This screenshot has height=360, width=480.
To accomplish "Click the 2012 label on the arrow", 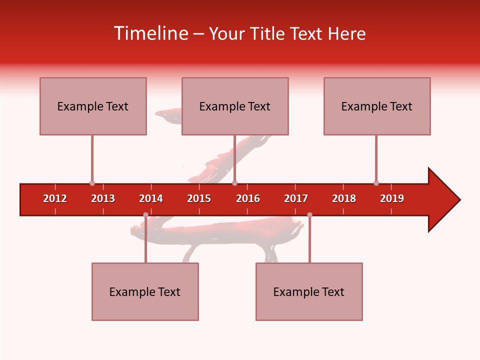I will click(x=55, y=198).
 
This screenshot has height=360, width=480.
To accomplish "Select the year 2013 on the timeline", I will click(x=103, y=198).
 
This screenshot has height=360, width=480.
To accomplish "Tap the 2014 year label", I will click(x=151, y=198).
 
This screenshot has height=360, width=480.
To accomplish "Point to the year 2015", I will click(x=199, y=198).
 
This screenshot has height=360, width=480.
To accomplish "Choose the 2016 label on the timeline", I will click(x=248, y=198).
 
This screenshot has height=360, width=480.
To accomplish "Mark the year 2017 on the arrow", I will click(x=296, y=198).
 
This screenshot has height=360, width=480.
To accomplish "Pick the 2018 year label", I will click(x=344, y=198).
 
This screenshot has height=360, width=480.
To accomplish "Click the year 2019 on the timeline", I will click(x=392, y=198).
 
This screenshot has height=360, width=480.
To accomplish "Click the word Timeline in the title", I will click(x=150, y=33).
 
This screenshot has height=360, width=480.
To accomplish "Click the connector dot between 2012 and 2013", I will click(x=92, y=183).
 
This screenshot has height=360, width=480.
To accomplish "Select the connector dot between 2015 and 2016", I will click(x=234, y=183).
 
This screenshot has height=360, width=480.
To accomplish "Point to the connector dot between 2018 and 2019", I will click(x=376, y=183).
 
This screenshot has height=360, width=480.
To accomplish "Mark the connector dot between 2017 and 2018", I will click(x=309, y=215).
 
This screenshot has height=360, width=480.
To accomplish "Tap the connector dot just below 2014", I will click(x=145, y=215).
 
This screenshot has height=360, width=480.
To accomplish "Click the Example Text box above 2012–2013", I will click(x=93, y=106).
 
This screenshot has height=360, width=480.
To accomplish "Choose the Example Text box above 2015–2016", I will click(x=235, y=106).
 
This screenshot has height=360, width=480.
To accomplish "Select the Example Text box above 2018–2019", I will click(x=377, y=106).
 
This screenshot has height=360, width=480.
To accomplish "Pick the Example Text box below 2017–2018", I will click(x=309, y=291).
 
